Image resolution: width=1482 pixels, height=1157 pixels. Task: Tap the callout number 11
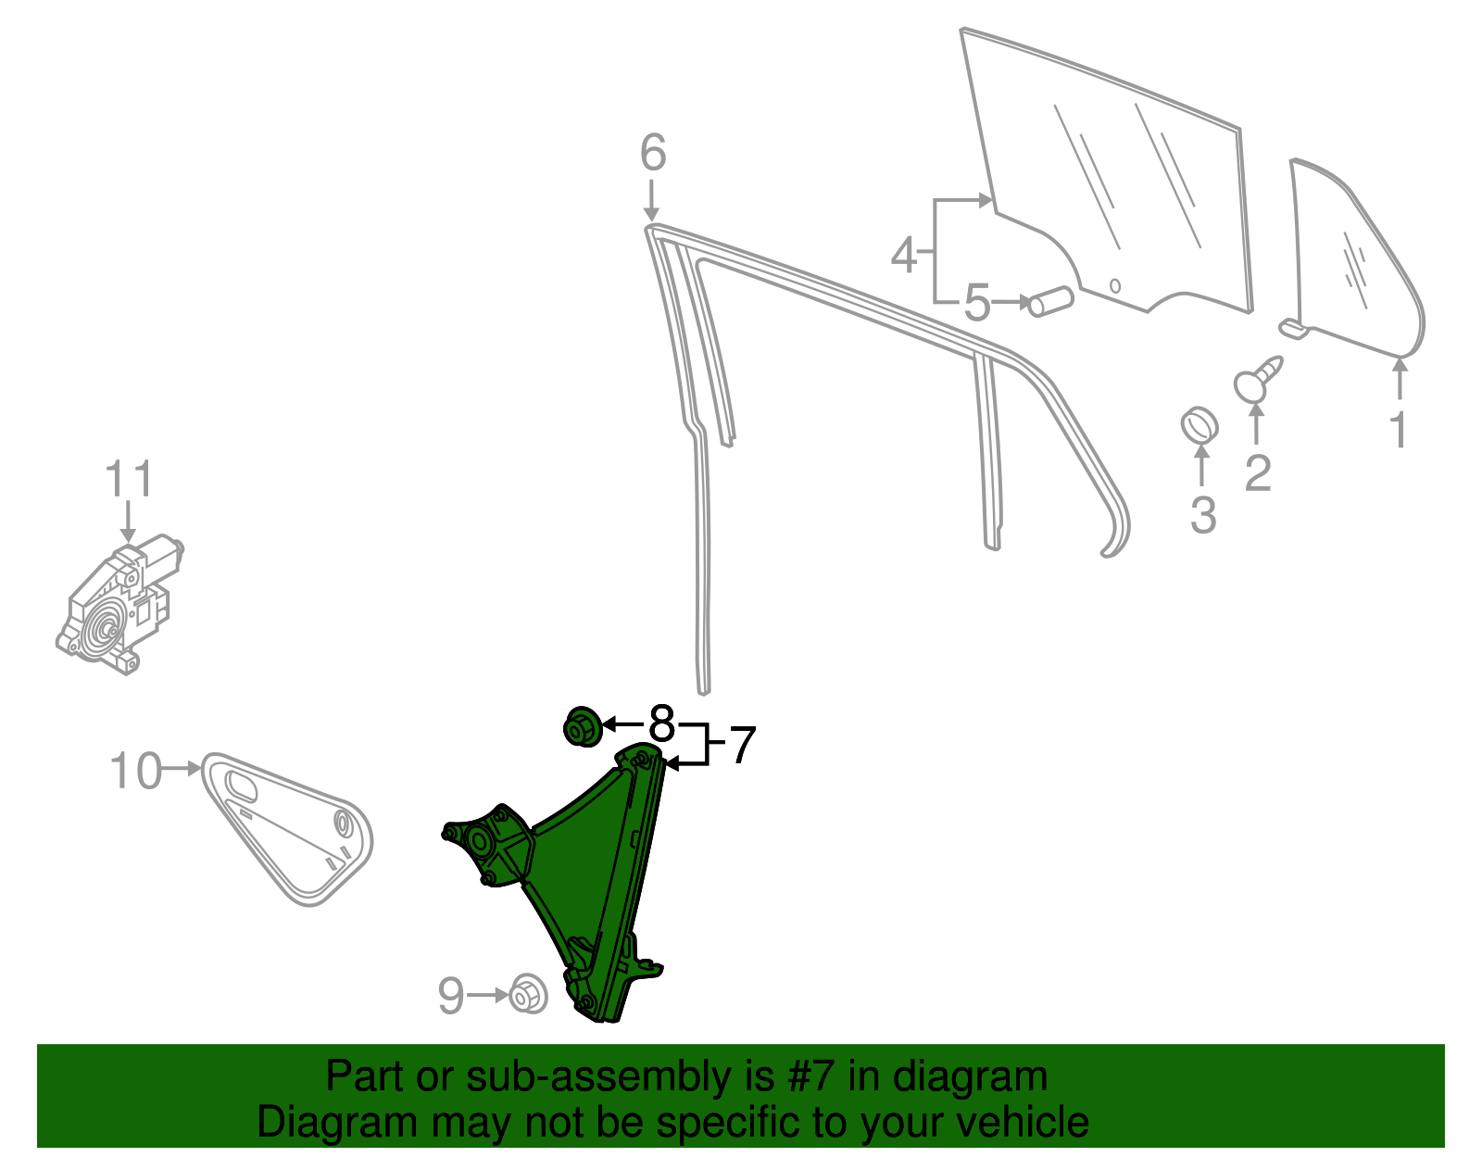click(x=129, y=479)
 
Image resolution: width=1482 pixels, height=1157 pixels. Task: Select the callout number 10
click(x=136, y=771)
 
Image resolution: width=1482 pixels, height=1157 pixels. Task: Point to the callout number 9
click(x=451, y=996)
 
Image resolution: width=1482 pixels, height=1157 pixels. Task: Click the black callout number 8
click(x=661, y=723)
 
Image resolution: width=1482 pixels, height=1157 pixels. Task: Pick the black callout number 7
click(x=743, y=745)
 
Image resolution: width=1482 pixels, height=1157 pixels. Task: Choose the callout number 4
click(x=904, y=256)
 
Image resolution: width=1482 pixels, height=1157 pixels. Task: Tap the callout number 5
click(x=976, y=303)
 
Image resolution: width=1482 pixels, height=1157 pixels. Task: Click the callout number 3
click(x=1203, y=515)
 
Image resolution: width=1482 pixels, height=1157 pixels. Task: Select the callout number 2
click(x=1258, y=473)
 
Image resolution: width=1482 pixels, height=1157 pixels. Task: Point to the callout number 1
click(x=1398, y=430)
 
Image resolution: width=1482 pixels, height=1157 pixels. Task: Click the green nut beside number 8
click(x=584, y=727)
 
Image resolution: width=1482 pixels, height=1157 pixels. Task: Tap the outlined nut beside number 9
click(x=528, y=995)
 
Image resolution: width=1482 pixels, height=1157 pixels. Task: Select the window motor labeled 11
click(x=120, y=605)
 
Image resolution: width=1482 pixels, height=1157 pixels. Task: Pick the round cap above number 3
click(x=1199, y=425)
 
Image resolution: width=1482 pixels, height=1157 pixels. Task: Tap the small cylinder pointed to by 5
click(x=1050, y=302)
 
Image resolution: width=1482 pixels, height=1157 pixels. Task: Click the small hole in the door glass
click(x=1115, y=285)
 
